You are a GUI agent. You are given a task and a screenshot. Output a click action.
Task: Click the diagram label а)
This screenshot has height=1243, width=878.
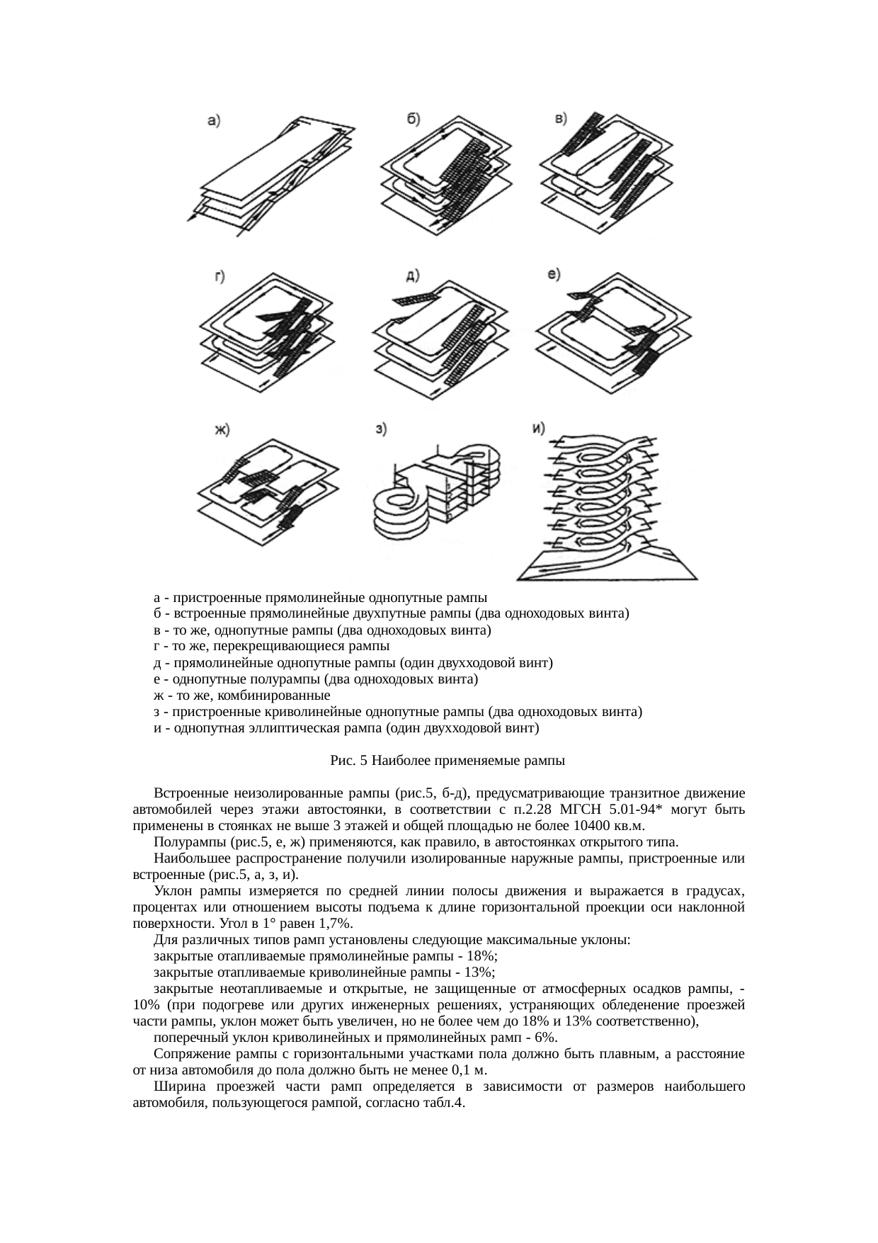pos(213,121)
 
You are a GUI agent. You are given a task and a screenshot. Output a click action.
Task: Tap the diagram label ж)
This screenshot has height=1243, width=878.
pos(223,430)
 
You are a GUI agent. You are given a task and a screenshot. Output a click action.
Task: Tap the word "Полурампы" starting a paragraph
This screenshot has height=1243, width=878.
pos(183,842)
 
